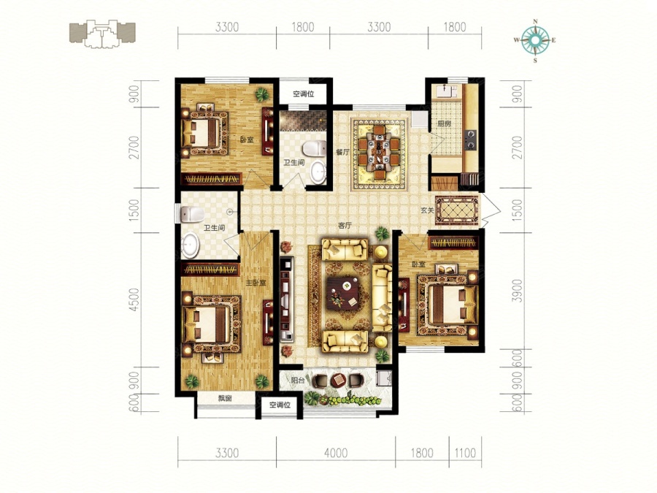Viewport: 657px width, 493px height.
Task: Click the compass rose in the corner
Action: coord(535,41)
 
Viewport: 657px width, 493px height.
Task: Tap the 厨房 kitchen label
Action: coord(444,124)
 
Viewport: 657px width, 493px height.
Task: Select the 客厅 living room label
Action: coord(345,226)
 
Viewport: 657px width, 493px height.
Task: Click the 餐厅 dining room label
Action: coord(342,153)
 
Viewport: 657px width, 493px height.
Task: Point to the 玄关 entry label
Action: coord(427,211)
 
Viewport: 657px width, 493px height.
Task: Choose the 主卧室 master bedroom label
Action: coord(255,283)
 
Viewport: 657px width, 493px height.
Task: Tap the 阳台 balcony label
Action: coord(298,381)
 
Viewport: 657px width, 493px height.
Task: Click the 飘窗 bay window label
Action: coord(225,399)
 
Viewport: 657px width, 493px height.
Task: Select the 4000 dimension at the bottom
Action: coord(336,453)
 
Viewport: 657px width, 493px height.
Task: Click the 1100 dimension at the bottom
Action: coord(465,453)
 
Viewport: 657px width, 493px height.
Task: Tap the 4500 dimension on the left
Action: coord(134,299)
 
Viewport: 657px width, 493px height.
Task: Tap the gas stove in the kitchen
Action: coord(471,140)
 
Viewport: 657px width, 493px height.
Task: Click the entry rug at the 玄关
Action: coord(457,210)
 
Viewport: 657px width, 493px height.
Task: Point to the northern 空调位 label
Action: coord(304,94)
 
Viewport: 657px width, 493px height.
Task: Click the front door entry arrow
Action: coord(491,211)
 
